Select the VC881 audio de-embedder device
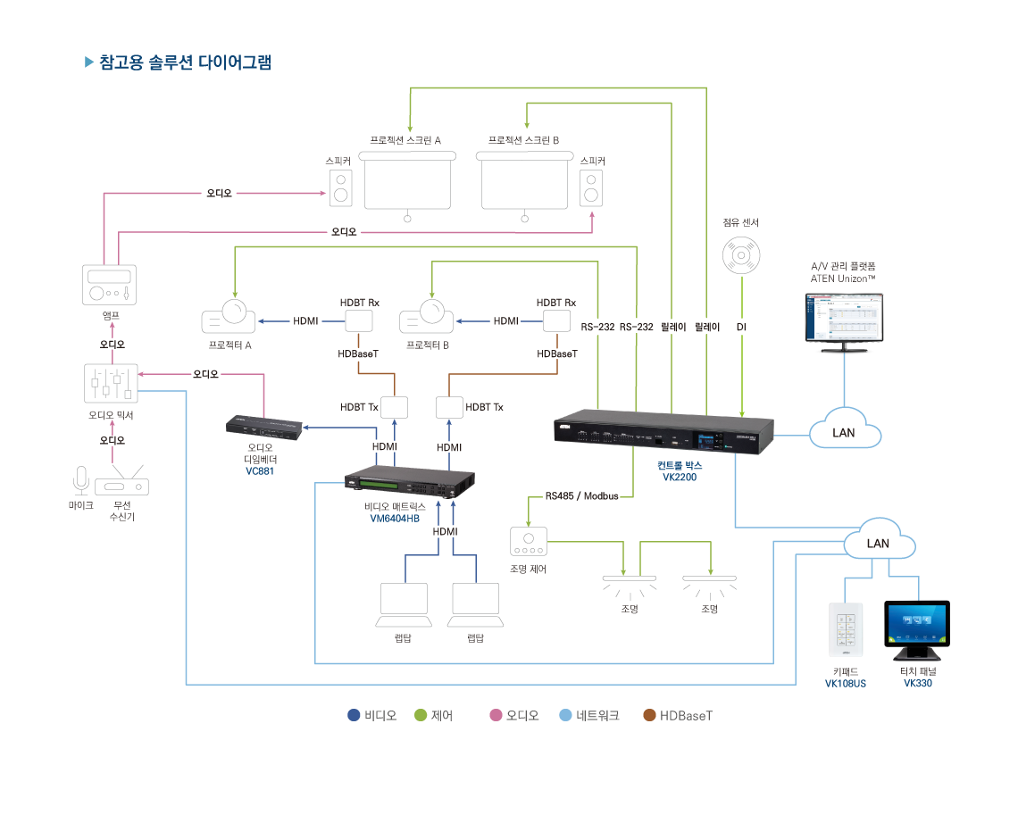(x=263, y=427)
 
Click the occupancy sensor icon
(x=741, y=256)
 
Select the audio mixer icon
(x=111, y=384)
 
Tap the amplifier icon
(x=110, y=285)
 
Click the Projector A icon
(x=229, y=317)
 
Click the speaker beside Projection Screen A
(x=339, y=187)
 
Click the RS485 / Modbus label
(x=582, y=496)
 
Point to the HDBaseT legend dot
(x=650, y=715)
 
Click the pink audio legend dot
(x=496, y=715)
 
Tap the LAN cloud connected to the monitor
(x=845, y=432)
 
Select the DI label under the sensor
(x=741, y=328)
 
